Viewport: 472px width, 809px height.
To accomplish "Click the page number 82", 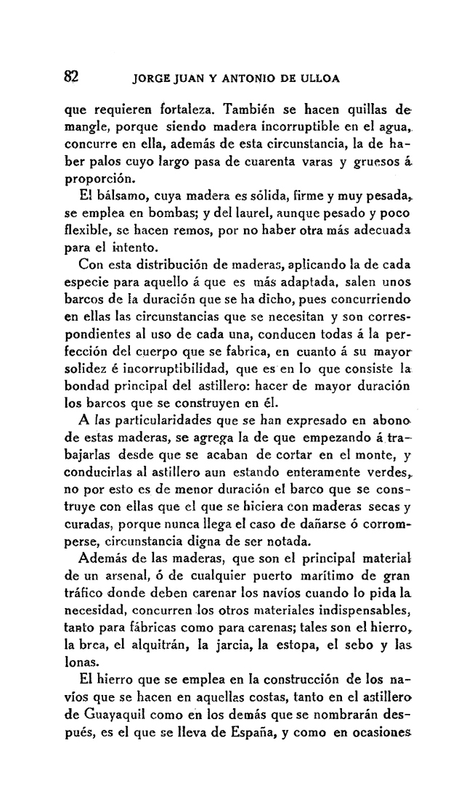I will [x=72, y=76].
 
